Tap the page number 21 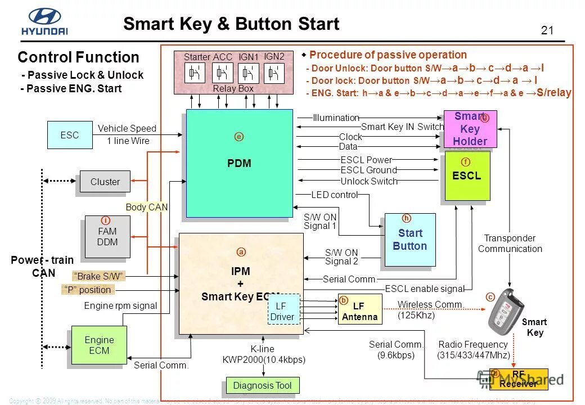[547, 30]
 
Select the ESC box [70, 135]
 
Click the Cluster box [105, 182]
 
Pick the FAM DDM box [107, 237]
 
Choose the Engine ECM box [99, 345]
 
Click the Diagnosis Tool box [263, 386]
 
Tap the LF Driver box [284, 310]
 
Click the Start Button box [409, 240]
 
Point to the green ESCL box [467, 175]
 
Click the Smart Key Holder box [470, 129]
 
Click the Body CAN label [146, 207]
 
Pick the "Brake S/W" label [98, 276]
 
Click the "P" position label [87, 290]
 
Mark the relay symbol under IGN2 [274, 73]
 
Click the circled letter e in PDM [239, 137]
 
